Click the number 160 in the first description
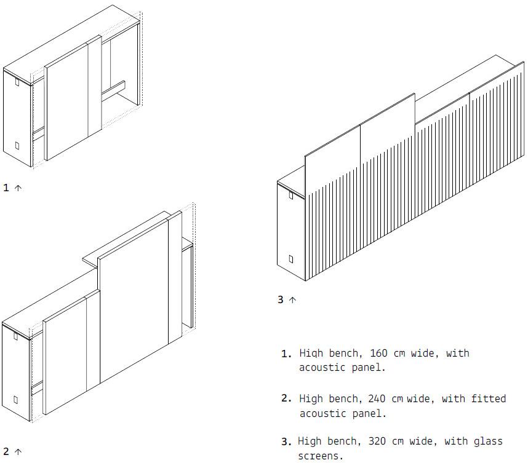[x=379, y=354]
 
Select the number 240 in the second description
[x=377, y=398]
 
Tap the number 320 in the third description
[x=377, y=441]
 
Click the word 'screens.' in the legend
[x=321, y=456]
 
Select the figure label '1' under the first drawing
[x=6, y=188]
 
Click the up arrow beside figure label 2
[x=18, y=451]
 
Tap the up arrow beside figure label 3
[x=292, y=300]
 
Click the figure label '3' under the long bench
[x=281, y=299]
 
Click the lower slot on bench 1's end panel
[x=17, y=146]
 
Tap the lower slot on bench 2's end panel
[x=15, y=400]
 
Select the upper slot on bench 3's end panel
[x=291, y=195]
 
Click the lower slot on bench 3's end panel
[x=291, y=259]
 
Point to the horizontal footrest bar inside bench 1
[x=113, y=90]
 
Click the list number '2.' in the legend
[x=287, y=398]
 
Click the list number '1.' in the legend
[x=287, y=354]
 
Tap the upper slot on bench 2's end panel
[x=15, y=336]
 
